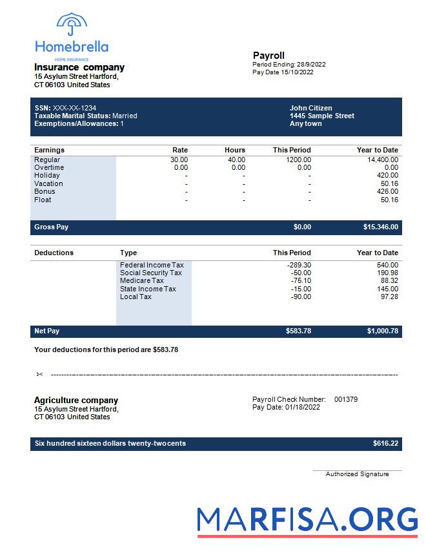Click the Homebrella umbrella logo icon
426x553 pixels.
pyautogui.click(x=72, y=25)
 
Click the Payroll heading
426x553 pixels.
pyautogui.click(x=269, y=56)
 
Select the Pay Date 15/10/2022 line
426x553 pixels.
pyautogui.click(x=283, y=72)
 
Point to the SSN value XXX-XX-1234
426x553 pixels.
pyautogui.click(x=74, y=108)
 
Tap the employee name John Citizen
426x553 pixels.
pyautogui.click(x=311, y=108)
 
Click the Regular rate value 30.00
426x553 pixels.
pyautogui.click(x=179, y=160)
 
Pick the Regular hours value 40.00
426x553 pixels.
pyautogui.click(x=236, y=160)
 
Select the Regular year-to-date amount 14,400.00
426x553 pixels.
pyautogui.click(x=383, y=160)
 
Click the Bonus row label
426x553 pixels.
pyautogui.click(x=45, y=191)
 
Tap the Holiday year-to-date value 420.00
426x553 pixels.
pyautogui.click(x=388, y=175)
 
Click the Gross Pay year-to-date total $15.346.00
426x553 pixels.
pyautogui.click(x=381, y=227)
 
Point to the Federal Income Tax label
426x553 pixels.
pyautogui.click(x=152, y=265)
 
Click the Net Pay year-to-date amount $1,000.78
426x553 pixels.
pyautogui.click(x=383, y=331)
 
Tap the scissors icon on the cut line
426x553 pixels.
pyautogui.click(x=39, y=374)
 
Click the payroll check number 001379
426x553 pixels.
pyautogui.click(x=346, y=399)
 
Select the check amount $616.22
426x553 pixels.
pyautogui.click(x=385, y=444)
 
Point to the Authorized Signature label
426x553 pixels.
pyautogui.click(x=357, y=474)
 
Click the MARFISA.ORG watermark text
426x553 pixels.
pyautogui.click(x=307, y=520)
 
